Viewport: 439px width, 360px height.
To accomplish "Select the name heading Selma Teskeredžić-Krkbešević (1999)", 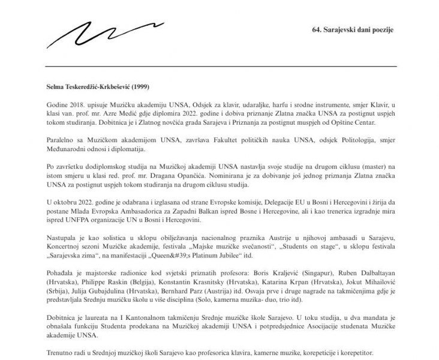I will coord(98,86).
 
